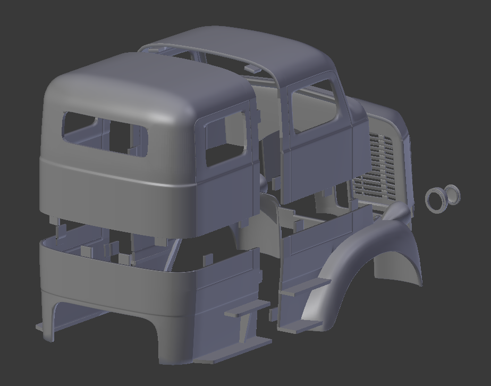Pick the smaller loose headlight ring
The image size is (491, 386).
click(x=452, y=194)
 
